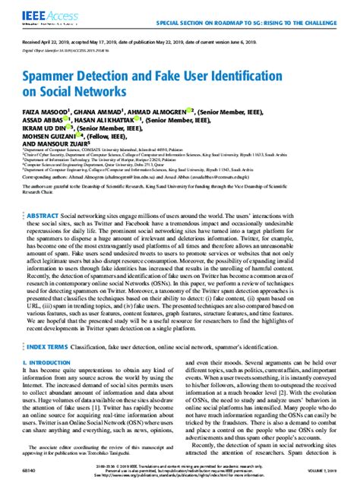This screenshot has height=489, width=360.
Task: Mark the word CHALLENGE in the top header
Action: pos(334,23)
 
